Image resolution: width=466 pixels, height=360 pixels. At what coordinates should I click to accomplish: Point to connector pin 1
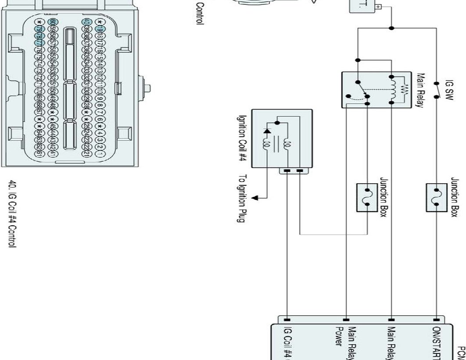click(x=100, y=154)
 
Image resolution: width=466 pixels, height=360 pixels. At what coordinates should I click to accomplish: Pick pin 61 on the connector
click(x=40, y=154)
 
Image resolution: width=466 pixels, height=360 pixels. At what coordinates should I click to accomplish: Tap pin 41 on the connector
click(x=53, y=154)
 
